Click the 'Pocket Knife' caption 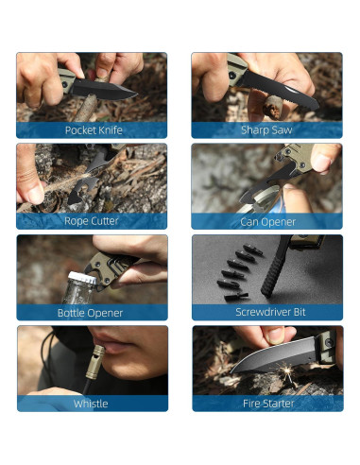(92, 130)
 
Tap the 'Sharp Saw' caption (267, 130)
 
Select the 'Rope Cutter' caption (92, 221)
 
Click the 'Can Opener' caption (267, 221)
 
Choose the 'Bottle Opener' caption (92, 312)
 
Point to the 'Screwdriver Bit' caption (267, 312)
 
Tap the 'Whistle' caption (92, 404)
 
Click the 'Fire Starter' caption (267, 404)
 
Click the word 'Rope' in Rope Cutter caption (77, 221)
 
